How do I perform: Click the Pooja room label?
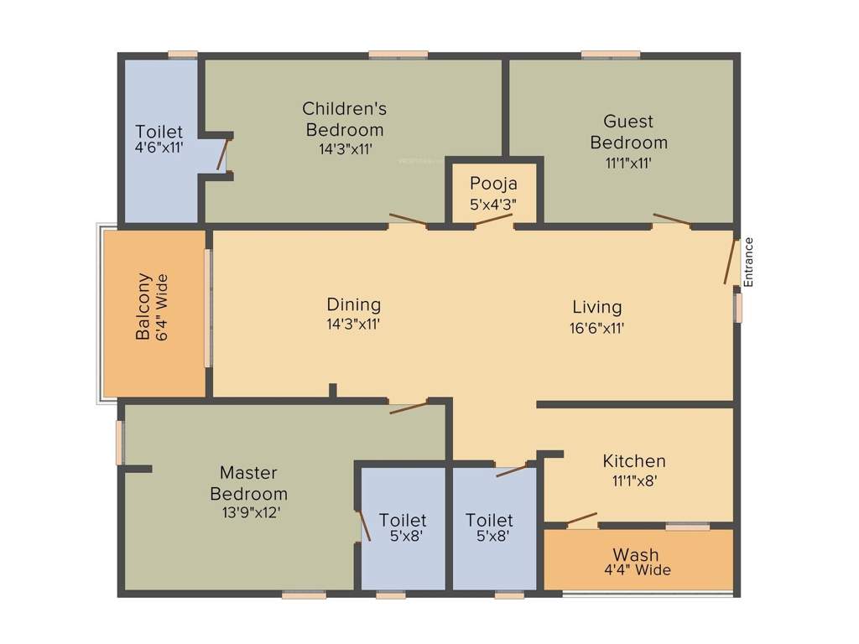point(493,184)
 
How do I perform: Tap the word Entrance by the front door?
point(748,262)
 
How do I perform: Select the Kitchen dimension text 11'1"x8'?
point(633,481)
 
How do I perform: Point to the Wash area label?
point(635,554)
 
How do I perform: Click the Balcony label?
point(145,306)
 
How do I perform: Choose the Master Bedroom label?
point(248,483)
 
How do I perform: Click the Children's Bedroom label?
point(344,118)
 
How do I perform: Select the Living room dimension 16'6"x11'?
point(596,329)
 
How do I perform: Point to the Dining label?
point(353,304)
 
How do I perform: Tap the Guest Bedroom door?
point(672,221)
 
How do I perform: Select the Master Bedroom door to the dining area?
point(409,407)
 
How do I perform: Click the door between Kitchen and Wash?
point(581,519)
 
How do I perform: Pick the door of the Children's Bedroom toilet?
point(222,154)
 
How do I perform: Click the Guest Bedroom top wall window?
point(611,55)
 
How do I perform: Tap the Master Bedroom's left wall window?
point(120,443)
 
